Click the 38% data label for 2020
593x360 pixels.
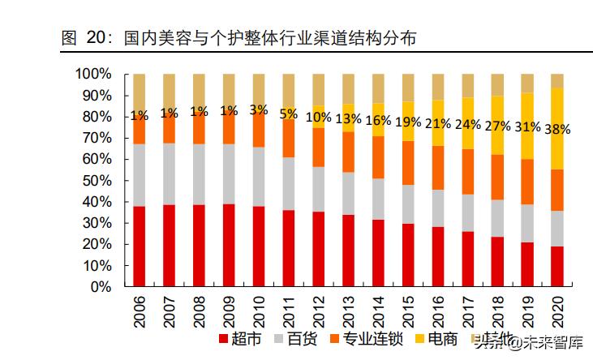558,129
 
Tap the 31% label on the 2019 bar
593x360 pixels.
528,126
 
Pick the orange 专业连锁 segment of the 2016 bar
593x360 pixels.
438,168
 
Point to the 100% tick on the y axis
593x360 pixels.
93,75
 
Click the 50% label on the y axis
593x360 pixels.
97,181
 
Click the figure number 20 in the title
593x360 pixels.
97,37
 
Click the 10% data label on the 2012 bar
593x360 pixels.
319,117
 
